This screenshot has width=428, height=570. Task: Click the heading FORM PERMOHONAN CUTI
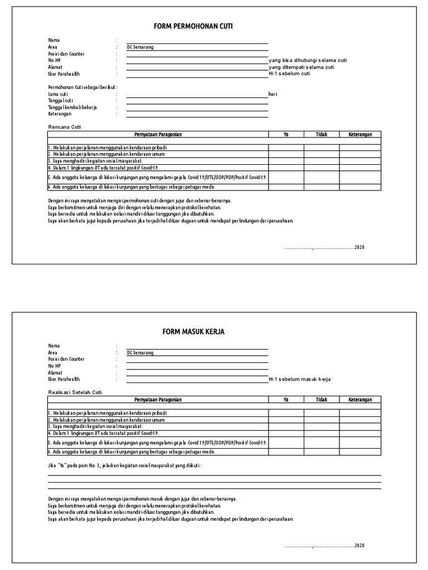[x=193, y=26]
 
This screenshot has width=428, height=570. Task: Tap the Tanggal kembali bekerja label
[x=72, y=107]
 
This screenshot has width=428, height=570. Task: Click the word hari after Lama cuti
[x=273, y=95]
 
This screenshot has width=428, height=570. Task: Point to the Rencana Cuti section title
[x=65, y=127]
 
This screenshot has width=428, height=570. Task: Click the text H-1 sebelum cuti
[x=289, y=73]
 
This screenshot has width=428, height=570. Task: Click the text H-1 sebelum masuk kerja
[x=300, y=379]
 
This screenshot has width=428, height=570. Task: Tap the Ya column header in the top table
[x=286, y=134]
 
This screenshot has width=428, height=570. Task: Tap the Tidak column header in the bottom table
[x=322, y=400]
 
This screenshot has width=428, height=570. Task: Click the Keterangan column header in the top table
[x=360, y=134]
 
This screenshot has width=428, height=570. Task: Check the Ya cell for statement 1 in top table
[x=286, y=148]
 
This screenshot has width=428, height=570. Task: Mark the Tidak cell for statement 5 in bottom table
[x=322, y=442]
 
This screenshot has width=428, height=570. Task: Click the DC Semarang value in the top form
[x=140, y=47]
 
